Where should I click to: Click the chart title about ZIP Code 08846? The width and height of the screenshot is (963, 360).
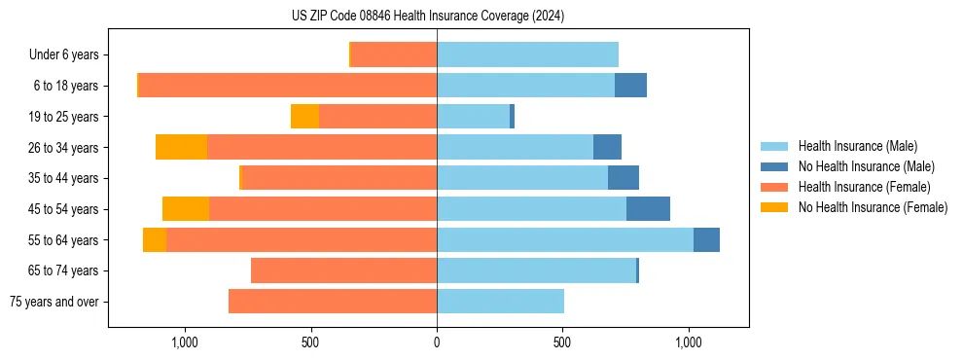click(428, 16)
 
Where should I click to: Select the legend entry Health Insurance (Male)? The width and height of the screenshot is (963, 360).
click(857, 146)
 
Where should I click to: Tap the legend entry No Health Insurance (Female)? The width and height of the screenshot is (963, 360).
click(873, 207)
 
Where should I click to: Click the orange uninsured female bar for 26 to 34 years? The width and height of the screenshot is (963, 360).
click(181, 147)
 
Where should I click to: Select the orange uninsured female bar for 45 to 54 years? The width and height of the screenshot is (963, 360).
click(186, 209)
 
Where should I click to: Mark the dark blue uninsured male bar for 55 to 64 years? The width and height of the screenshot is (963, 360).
click(706, 239)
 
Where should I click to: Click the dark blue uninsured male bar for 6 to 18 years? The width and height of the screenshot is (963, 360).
click(630, 86)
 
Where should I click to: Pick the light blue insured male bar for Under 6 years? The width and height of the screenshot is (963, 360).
click(527, 54)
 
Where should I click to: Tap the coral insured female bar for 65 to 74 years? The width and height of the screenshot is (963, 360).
click(343, 270)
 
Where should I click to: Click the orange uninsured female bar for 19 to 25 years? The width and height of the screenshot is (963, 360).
click(304, 117)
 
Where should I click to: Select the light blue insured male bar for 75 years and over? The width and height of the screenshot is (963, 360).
click(500, 302)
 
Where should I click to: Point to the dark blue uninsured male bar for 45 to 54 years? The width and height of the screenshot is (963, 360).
click(648, 209)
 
